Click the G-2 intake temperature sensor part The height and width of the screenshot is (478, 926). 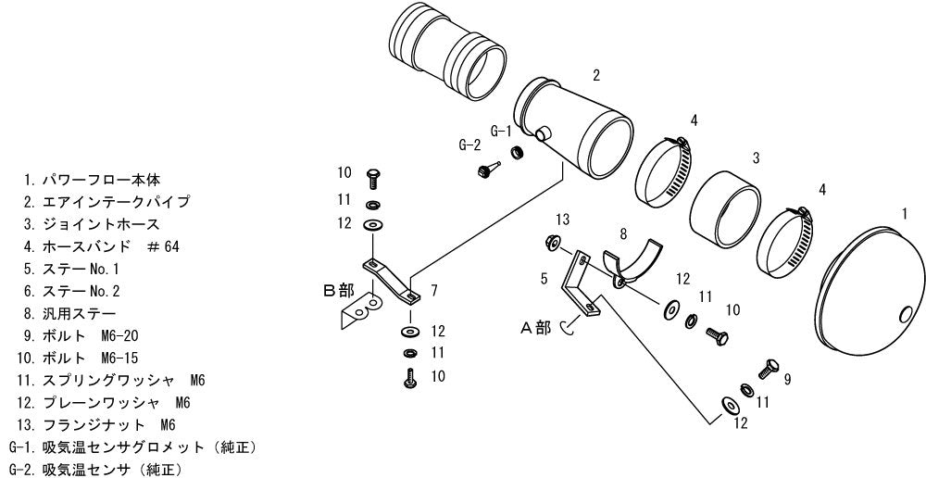[488, 169]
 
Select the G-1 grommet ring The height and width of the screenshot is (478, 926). [518, 153]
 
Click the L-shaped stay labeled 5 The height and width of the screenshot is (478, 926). [579, 283]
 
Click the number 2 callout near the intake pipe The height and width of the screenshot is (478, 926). [596, 75]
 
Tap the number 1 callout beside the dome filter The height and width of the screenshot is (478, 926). [905, 213]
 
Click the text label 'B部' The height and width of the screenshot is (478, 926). [339, 290]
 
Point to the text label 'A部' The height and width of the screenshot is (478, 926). [535, 328]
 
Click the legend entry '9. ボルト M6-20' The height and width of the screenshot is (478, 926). [81, 335]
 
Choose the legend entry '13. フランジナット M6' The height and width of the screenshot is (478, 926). [97, 425]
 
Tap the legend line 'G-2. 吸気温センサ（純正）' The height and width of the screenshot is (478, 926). [95, 471]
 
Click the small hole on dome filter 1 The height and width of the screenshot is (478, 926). [904, 315]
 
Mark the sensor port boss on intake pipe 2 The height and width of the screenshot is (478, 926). [542, 134]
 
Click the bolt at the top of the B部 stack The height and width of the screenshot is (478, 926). [372, 178]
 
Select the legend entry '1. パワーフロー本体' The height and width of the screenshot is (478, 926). [92, 179]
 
